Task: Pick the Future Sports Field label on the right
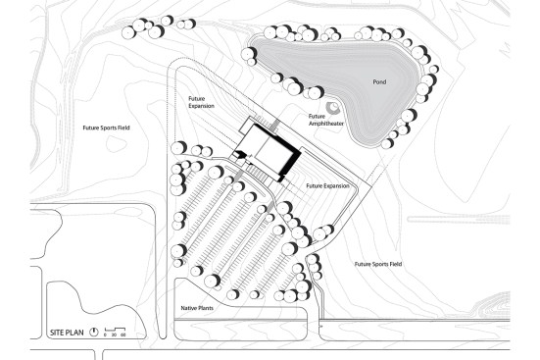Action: tap(378, 264)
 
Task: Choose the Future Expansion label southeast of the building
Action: tap(327, 184)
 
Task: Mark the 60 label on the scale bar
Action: tap(124, 335)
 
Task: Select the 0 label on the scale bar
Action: tap(105, 335)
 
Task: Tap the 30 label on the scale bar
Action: tap(114, 335)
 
